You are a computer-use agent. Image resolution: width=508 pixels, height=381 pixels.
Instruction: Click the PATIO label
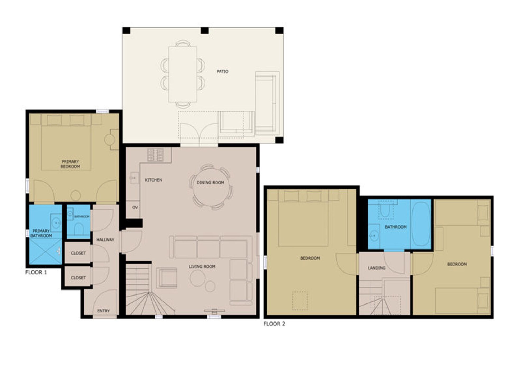222,71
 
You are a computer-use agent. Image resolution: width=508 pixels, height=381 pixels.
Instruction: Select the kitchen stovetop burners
155,155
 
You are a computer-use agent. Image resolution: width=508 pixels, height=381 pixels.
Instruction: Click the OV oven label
135,207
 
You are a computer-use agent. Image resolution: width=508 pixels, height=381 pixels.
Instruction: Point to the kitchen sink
134,178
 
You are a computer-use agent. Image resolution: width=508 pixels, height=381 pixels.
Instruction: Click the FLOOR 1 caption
36,272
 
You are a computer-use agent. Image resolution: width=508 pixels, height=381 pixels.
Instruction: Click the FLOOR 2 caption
274,324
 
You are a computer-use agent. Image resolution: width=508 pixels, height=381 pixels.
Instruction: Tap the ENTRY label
103,311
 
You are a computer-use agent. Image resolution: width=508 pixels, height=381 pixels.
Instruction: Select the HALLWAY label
105,240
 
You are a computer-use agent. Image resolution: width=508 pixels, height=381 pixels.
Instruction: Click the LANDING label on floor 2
377,268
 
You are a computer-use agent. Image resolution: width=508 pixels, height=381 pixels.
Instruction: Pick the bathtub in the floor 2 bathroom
420,224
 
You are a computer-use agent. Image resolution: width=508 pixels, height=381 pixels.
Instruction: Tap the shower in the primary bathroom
46,251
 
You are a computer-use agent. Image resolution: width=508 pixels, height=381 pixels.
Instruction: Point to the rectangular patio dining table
183,74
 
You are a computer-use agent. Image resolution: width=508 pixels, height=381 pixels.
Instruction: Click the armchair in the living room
167,278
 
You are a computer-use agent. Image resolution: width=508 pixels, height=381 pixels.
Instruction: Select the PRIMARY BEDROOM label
70,164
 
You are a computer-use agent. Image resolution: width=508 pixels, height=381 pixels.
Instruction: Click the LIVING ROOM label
202,267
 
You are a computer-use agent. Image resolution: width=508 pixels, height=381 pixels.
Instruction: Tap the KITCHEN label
153,180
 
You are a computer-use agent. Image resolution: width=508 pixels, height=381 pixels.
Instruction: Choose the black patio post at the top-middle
205,30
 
